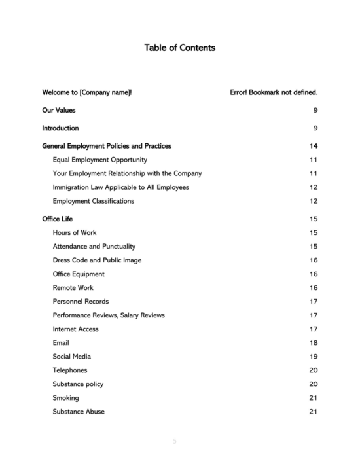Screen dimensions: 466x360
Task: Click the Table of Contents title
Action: coord(179,48)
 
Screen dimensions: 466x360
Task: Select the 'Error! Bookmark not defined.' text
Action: coord(274,92)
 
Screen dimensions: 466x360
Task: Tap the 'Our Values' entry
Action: coord(59,110)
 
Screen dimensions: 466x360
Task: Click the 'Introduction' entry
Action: coord(61,128)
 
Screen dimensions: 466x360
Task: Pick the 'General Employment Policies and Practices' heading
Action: coord(107,146)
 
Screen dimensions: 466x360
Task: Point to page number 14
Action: coord(314,146)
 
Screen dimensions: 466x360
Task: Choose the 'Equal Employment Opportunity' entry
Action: coord(99,160)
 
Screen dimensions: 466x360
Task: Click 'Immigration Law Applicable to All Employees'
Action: coord(120,187)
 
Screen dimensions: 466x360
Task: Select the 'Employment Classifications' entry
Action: coord(93,201)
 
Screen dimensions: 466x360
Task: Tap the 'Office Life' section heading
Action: coord(58,219)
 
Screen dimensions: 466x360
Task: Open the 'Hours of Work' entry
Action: coord(75,232)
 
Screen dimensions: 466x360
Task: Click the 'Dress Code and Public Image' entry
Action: coord(97,260)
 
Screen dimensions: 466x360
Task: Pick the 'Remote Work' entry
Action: coord(73,287)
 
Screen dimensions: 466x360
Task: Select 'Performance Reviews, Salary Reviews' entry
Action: coord(109,315)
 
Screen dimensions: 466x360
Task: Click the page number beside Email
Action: coord(314,343)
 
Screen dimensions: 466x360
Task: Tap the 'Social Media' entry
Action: coord(72,357)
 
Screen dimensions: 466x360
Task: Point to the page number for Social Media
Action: coord(314,357)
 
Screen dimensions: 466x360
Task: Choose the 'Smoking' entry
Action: coord(65,398)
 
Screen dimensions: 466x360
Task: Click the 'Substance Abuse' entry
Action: coord(79,412)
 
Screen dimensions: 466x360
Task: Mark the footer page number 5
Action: coord(175,441)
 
